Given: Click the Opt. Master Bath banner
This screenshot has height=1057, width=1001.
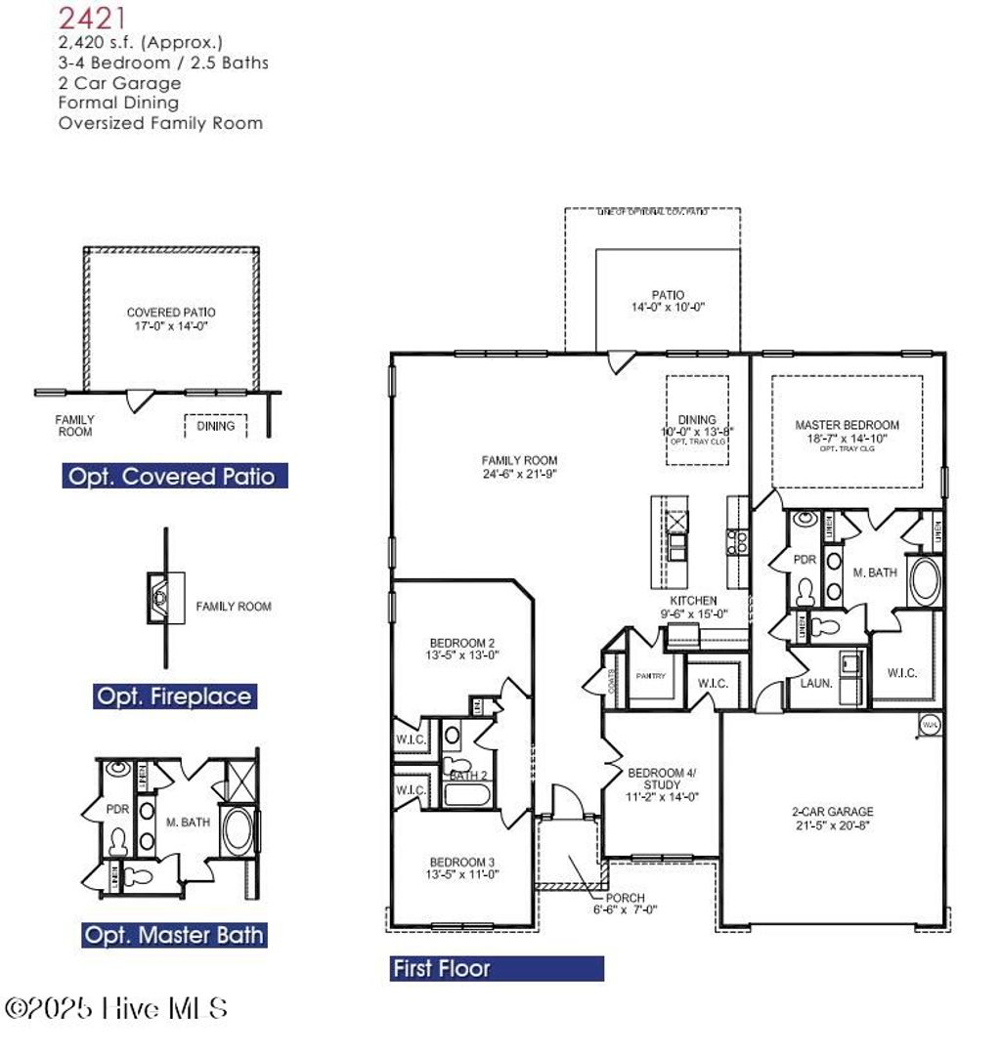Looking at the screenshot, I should (x=174, y=935).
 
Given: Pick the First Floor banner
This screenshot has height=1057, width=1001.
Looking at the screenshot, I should (x=496, y=969).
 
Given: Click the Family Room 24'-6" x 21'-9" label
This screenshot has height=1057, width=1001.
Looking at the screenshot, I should (x=519, y=467).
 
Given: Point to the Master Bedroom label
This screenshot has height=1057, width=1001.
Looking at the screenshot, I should (x=847, y=432).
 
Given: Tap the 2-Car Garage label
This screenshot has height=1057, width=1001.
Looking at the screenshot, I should (x=832, y=818).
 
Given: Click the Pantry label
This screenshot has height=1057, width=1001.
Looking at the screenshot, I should (x=651, y=676).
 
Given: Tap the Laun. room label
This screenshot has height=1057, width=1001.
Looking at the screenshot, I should (x=816, y=684).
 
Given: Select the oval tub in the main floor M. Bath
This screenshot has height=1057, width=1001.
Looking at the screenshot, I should (x=923, y=580).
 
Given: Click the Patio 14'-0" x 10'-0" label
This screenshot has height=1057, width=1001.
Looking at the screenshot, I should (x=668, y=300).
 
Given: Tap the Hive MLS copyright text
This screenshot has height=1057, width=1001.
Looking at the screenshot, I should (x=117, y=1008).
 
